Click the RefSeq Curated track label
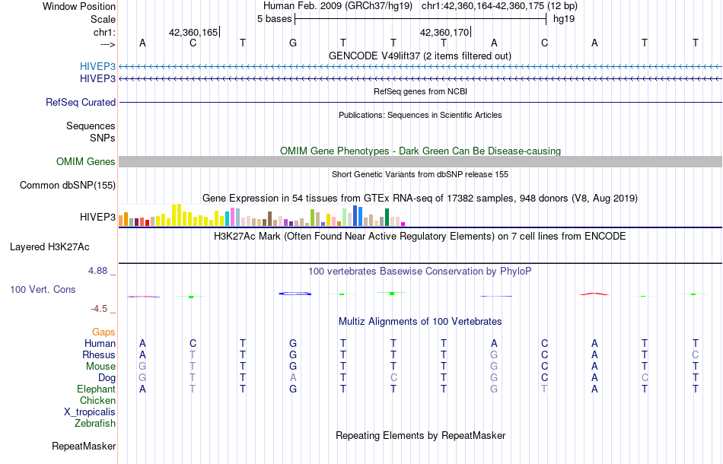click(81, 102)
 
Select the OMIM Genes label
click(86, 161)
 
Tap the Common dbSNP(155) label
click(68, 185)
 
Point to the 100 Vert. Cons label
click(43, 290)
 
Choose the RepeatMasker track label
click(84, 446)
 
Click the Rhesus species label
click(100, 354)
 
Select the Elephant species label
click(97, 389)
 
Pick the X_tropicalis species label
click(90, 412)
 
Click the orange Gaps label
click(104, 332)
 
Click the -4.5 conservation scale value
click(101, 309)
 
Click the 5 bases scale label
click(274, 18)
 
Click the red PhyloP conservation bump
click(594, 293)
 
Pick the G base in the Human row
click(293, 343)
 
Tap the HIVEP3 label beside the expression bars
click(97, 218)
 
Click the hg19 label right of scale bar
click(564, 18)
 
